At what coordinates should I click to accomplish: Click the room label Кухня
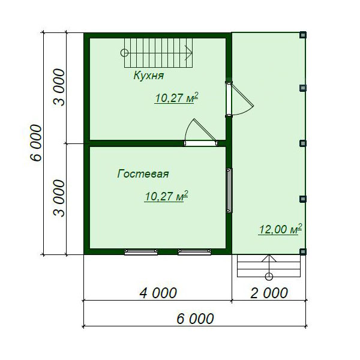click(149, 76)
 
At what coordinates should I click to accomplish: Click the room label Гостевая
click(143, 174)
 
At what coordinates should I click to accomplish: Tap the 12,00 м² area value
click(280, 229)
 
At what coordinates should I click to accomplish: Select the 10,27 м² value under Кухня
click(176, 98)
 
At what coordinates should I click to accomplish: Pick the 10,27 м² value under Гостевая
click(166, 196)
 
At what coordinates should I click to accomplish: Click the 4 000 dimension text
click(158, 293)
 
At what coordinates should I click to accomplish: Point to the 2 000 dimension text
click(269, 293)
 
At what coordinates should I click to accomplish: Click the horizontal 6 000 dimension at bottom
click(195, 319)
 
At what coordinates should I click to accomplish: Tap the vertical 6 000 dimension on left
click(37, 143)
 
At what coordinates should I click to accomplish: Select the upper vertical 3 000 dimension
click(59, 87)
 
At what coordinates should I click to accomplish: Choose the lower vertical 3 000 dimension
click(59, 198)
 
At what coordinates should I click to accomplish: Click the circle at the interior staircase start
click(124, 53)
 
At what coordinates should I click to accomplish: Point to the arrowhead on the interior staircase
click(189, 53)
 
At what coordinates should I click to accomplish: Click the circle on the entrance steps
click(269, 277)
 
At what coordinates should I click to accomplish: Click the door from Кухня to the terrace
click(239, 99)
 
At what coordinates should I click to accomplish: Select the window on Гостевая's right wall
click(229, 190)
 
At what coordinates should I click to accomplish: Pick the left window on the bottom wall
click(141, 252)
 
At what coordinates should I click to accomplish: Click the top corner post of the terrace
click(303, 35)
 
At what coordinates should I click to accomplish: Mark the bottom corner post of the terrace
click(303, 251)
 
